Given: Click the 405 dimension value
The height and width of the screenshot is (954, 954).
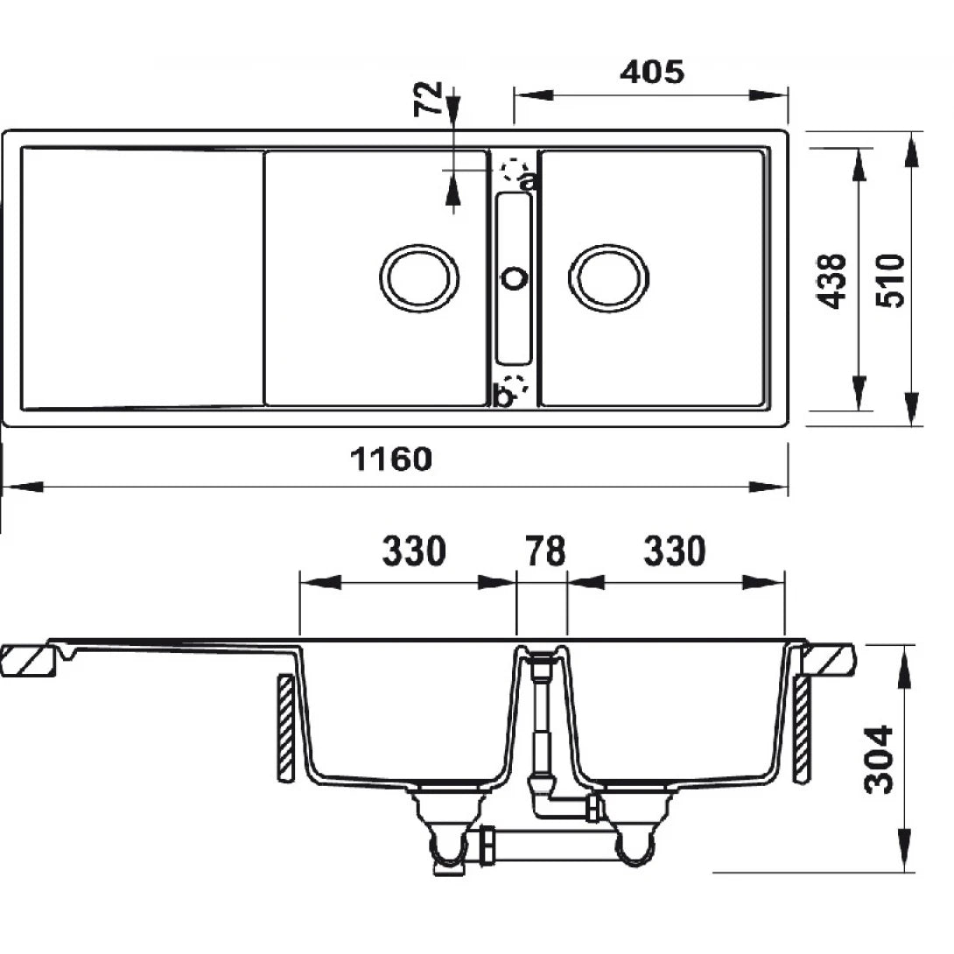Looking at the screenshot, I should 651,72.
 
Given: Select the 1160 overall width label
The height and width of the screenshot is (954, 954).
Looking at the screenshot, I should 391,458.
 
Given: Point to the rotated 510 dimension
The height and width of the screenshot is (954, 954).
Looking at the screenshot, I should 890,280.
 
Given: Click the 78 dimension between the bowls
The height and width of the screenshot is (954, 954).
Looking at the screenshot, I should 544,552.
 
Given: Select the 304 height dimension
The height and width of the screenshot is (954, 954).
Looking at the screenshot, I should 878,759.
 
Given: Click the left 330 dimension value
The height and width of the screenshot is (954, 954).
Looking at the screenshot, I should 414,552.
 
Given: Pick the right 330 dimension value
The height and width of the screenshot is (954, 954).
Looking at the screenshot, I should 674,552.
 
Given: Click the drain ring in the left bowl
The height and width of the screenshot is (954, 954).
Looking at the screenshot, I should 419,277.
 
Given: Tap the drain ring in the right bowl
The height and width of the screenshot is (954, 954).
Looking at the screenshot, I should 609,277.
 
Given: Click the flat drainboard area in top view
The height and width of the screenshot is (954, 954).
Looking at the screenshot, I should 140,278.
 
